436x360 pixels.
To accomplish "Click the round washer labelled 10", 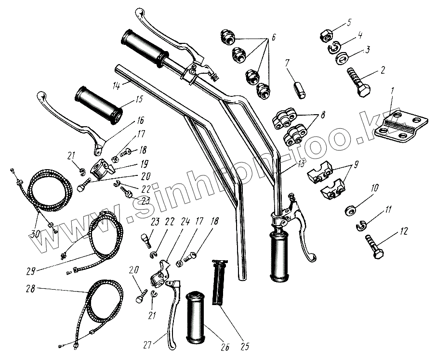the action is click(x=351, y=211).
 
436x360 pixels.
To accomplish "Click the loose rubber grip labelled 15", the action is click(x=98, y=104).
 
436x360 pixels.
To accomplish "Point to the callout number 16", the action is click(x=141, y=120).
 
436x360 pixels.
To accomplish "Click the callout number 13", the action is click(x=300, y=164).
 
